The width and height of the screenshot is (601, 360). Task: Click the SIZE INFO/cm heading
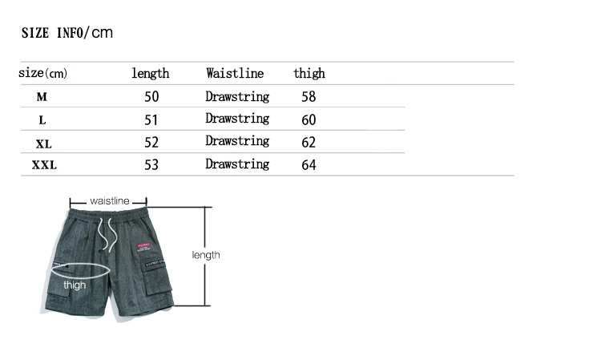pos(67,33)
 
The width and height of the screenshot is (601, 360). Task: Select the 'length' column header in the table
pos(151,74)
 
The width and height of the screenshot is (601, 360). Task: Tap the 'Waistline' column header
pos(235,74)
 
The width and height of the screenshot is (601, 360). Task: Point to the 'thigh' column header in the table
pos(309,74)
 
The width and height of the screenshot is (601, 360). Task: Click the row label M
pos(42,97)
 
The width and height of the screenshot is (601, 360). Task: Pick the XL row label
pos(43,144)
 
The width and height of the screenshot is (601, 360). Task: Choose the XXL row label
pos(44,166)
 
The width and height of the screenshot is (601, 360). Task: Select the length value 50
pos(151,97)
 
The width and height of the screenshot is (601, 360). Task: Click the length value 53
pos(151,165)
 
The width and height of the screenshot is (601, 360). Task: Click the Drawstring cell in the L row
pos(237,119)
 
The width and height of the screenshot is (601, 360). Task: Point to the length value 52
pos(151,143)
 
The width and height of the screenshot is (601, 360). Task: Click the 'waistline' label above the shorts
pos(110,200)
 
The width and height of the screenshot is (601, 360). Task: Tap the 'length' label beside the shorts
pos(206,255)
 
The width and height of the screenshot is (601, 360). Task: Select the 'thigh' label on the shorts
pos(75,285)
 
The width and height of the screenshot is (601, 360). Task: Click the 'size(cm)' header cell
pos(43,74)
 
